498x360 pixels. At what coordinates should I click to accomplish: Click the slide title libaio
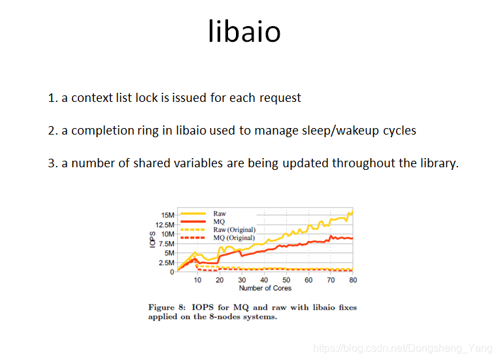pyautogui.click(x=244, y=31)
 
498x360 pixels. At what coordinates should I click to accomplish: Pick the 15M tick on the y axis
pyautogui.click(x=168, y=215)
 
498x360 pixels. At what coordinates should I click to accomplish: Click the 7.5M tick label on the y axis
pyautogui.click(x=167, y=244)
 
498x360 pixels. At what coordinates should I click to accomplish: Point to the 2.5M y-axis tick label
pyautogui.click(x=167, y=263)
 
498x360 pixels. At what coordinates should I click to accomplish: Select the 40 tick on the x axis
pyautogui.click(x=264, y=280)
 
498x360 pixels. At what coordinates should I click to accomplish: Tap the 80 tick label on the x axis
pyautogui.click(x=353, y=280)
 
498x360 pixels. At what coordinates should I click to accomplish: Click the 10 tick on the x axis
pyautogui.click(x=197, y=280)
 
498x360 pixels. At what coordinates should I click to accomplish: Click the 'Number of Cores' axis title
pyautogui.click(x=265, y=288)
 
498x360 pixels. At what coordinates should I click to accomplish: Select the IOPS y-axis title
pyautogui.click(x=152, y=240)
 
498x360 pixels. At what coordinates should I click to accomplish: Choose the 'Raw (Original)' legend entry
pyautogui.click(x=235, y=230)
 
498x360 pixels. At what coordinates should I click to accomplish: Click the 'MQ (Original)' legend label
pyautogui.click(x=234, y=238)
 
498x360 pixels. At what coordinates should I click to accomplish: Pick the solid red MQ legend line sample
pyautogui.click(x=193, y=221)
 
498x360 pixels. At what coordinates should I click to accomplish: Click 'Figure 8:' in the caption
pyautogui.click(x=167, y=308)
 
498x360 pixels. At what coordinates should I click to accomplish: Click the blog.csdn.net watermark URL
pyautogui.click(x=403, y=348)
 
